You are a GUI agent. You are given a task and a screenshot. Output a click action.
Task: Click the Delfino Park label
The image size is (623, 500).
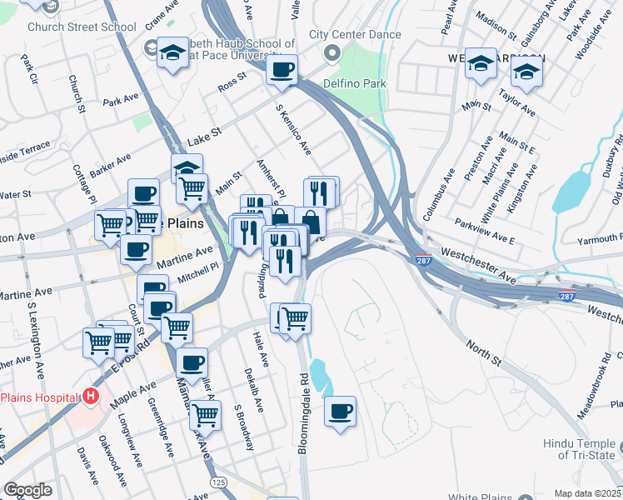(x=355, y=83)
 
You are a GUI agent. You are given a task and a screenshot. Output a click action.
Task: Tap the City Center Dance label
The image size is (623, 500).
(x=355, y=35)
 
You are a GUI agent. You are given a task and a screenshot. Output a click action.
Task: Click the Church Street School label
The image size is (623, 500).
(x=82, y=27)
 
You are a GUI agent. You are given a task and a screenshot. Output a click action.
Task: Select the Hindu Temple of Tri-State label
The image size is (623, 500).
(x=578, y=449)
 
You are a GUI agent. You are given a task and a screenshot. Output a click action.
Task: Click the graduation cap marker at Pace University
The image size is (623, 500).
(x=172, y=54)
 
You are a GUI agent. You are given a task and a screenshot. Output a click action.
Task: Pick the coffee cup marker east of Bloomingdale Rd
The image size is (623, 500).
(x=340, y=412)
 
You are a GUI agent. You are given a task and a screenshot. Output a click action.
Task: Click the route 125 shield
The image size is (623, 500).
(x=218, y=482)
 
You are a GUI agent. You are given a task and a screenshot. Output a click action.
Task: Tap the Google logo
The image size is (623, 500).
(x=27, y=490)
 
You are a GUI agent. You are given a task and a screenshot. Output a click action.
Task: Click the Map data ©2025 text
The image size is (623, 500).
(x=587, y=493)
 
